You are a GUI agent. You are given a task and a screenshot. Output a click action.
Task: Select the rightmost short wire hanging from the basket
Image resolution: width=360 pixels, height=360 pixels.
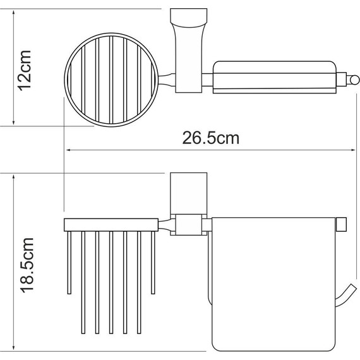pyautogui.click(x=153, y=261)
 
